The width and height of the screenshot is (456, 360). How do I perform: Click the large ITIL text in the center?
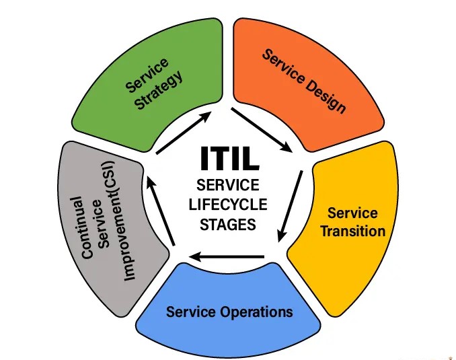228,159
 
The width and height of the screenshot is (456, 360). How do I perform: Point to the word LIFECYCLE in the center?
228,205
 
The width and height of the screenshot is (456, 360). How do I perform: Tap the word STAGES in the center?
228,225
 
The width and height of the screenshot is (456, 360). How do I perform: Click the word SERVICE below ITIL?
228,185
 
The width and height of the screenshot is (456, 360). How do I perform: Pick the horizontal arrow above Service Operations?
227,256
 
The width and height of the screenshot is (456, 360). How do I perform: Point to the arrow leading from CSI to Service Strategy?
161,209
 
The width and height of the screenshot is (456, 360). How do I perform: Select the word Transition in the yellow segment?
352,231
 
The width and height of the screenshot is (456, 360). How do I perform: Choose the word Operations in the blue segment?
258,312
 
